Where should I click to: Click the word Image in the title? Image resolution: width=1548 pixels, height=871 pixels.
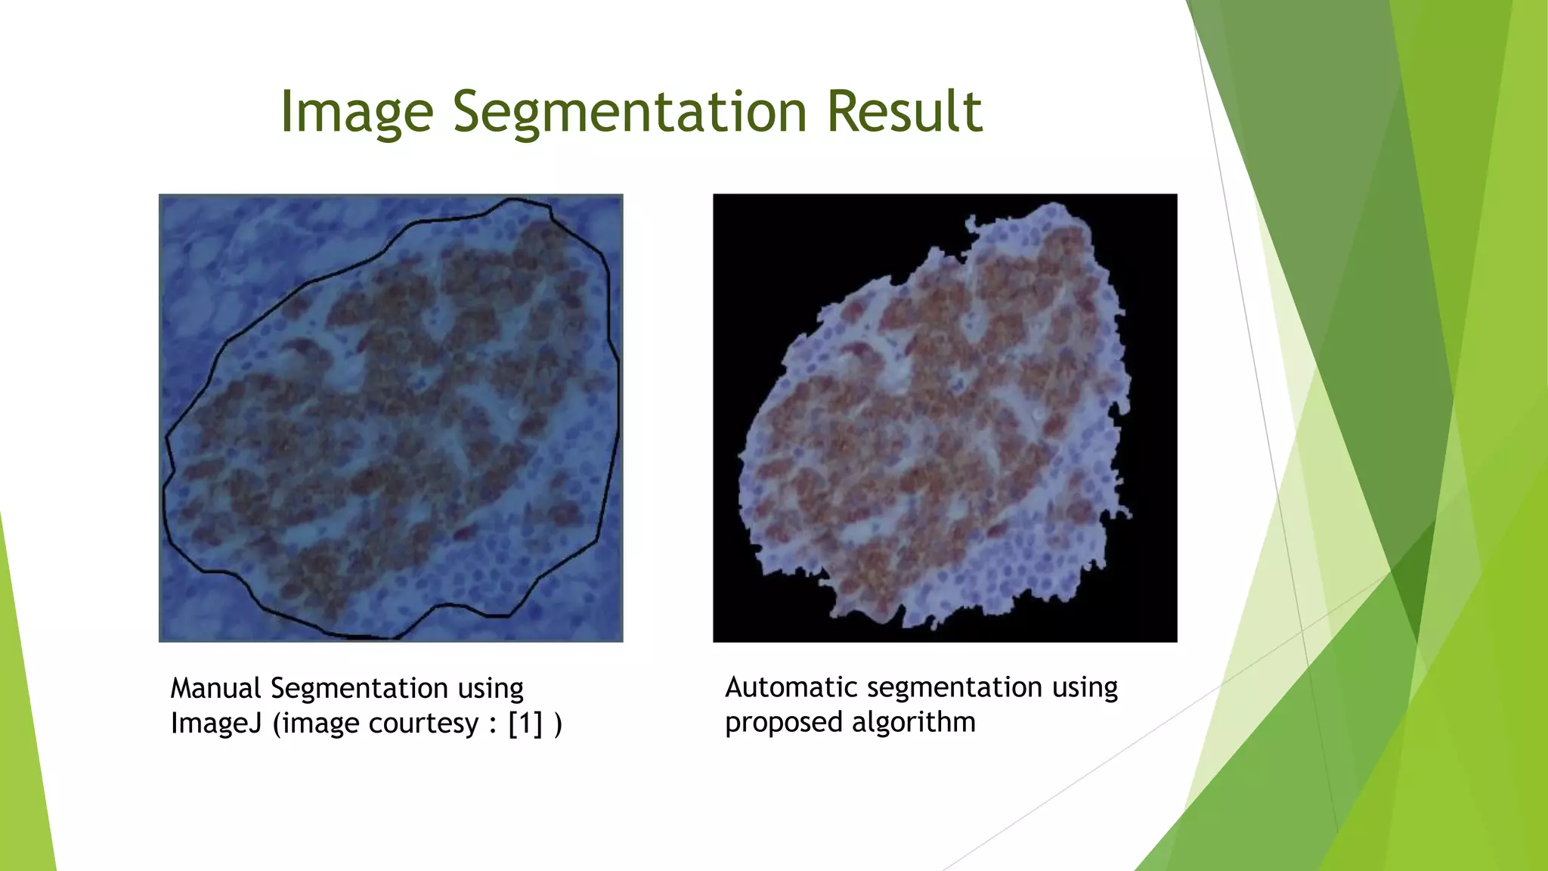coord(356,112)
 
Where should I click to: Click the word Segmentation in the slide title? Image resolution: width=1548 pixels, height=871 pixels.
coord(630,112)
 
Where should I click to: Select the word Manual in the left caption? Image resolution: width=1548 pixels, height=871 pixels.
coord(215,689)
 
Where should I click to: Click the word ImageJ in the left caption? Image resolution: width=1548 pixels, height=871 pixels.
coord(215,724)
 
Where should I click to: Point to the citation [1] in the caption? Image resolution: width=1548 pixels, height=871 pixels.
coord(525,724)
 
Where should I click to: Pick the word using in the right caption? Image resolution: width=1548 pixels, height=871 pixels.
coord(1085,687)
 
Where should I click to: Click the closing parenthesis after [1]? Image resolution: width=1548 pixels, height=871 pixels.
coord(558,724)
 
